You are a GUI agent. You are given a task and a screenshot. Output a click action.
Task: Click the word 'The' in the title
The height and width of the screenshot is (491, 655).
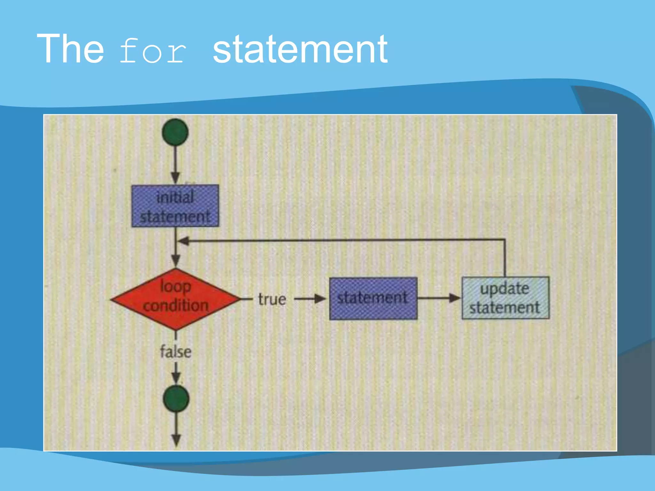coord(70,49)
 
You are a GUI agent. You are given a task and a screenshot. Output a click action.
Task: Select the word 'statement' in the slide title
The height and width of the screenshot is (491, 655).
coord(300,50)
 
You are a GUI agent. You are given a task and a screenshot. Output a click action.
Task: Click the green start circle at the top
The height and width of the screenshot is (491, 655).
coord(175,132)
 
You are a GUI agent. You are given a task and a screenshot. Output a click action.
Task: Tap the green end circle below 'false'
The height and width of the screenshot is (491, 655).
coord(176,398)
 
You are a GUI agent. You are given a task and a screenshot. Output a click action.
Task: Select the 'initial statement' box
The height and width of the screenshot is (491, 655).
coord(175,206)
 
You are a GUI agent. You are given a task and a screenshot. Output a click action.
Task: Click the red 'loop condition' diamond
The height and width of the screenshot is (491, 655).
coord(175,299)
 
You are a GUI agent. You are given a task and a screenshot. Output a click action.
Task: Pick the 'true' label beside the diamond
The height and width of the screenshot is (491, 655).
coord(272,299)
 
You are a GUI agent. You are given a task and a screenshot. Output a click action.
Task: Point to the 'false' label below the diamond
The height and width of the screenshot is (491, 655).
coord(176,351)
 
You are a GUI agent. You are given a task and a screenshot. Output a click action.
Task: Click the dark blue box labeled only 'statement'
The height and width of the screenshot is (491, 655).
coord(373,298)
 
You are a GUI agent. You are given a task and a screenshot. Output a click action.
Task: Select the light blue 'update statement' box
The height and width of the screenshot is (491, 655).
coord(505,298)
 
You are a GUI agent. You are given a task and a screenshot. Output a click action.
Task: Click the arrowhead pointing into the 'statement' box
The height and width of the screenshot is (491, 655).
coord(320,299)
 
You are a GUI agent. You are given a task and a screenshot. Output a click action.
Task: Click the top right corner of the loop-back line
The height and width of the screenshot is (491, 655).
coord(505,239)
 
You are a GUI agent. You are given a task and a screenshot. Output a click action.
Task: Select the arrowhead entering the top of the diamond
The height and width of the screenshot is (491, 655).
coord(176,260)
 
